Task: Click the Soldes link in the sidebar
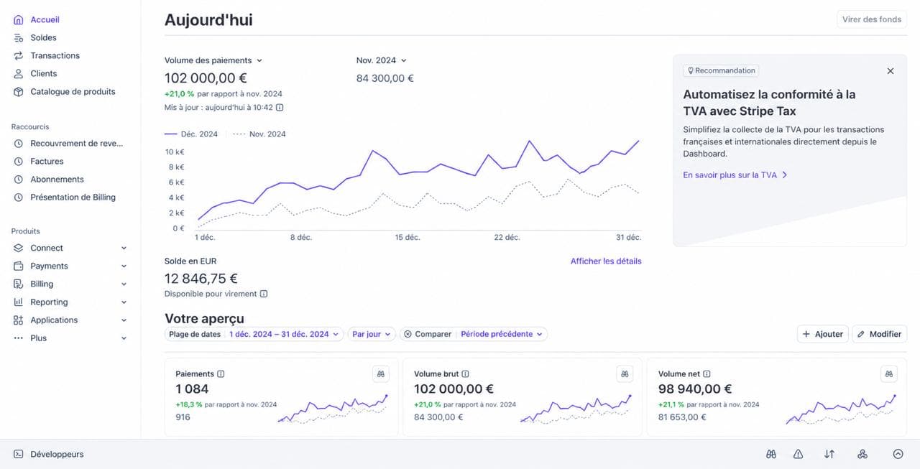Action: pos(43,38)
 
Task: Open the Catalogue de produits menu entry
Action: pos(73,91)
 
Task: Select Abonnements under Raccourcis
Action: pos(57,180)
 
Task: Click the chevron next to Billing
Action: pos(124,284)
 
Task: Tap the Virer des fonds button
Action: pos(872,19)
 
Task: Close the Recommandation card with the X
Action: pos(890,71)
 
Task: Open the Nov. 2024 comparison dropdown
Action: pos(381,60)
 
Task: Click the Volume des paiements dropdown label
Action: pos(213,60)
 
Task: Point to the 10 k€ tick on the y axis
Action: pos(175,152)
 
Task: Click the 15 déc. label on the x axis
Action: pos(408,237)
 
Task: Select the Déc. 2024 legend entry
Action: pos(191,134)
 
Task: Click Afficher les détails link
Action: pos(606,261)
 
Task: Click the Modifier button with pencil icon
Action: pos(879,334)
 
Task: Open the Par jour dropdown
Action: pos(372,334)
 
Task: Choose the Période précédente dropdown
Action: pos(502,334)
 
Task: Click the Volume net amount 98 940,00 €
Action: pos(694,389)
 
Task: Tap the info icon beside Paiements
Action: pos(221,373)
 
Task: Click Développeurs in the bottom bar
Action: pos(57,454)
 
